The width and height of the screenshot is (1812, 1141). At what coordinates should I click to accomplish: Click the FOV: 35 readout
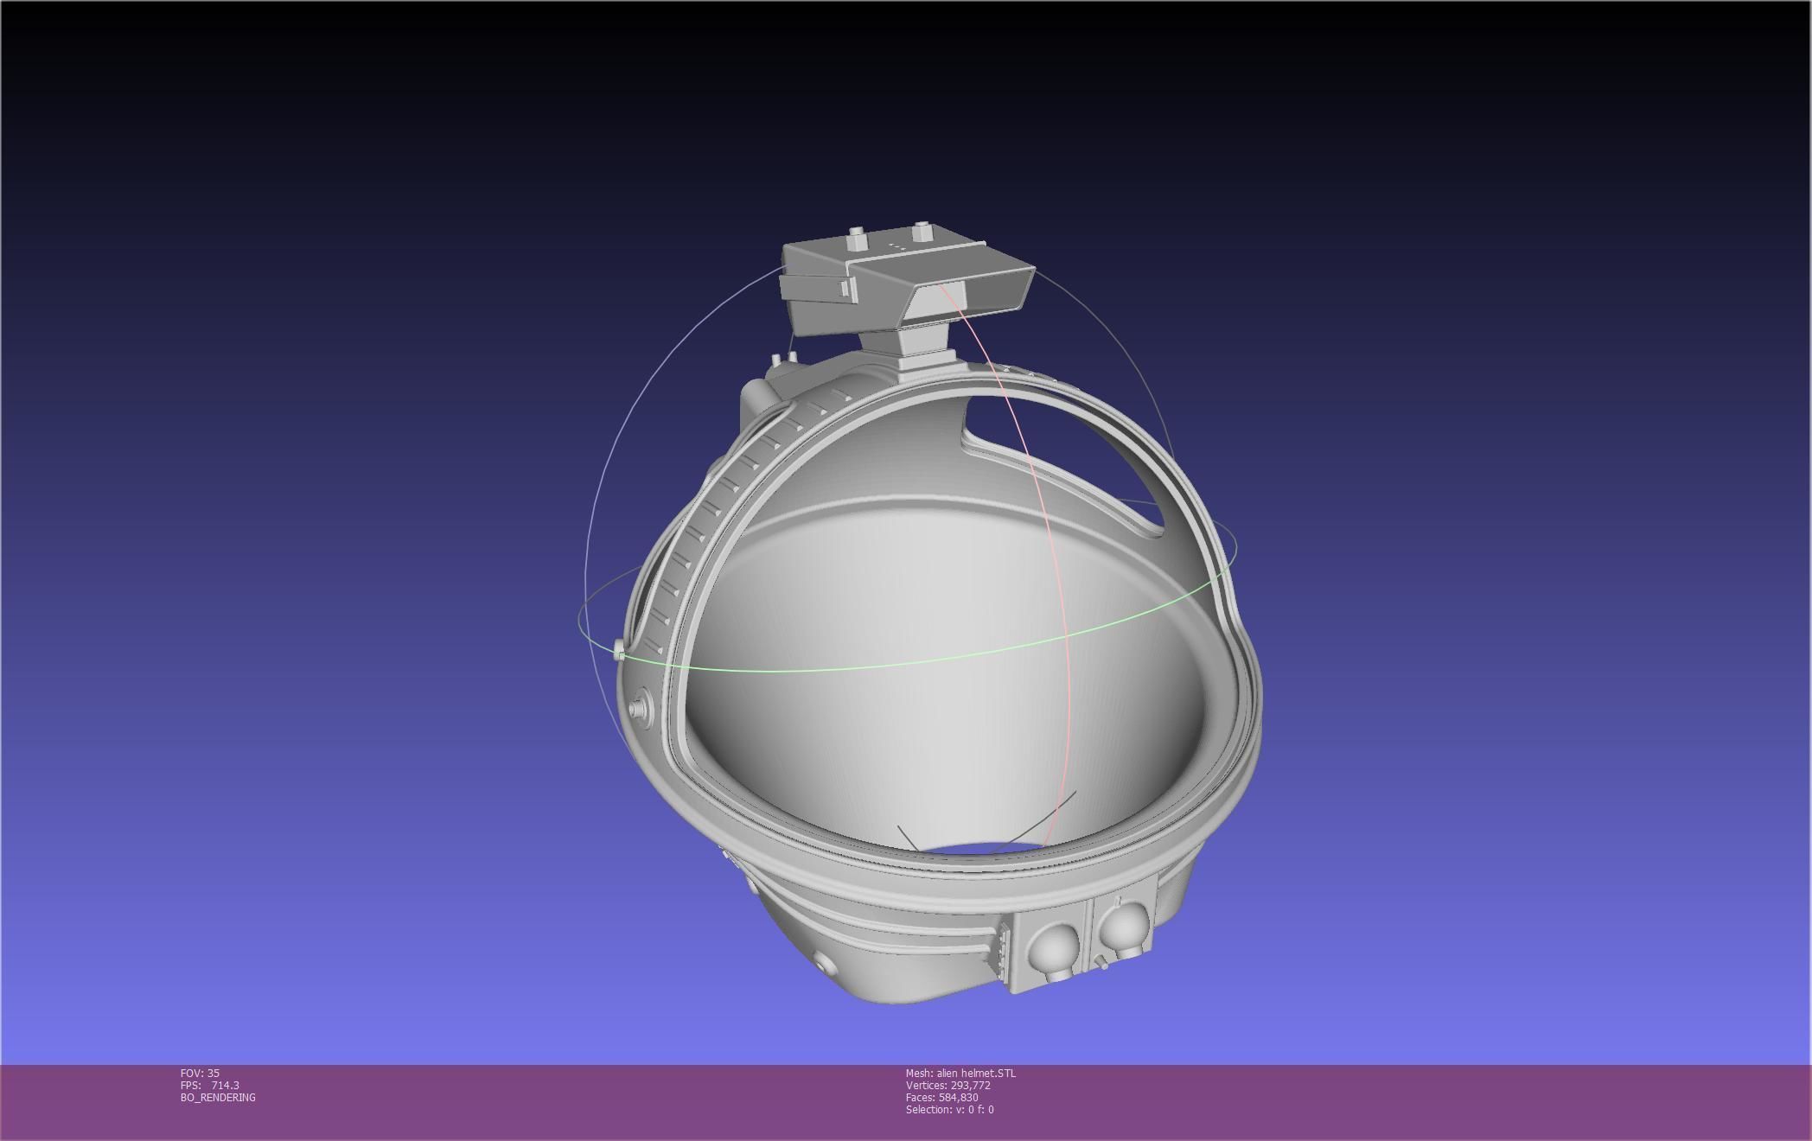coord(200,1073)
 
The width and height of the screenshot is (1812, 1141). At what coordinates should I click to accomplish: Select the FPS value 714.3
coord(225,1085)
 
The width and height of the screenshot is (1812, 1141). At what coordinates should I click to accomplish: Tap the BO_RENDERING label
coord(218,1097)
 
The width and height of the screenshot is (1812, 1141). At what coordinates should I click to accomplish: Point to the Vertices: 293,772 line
coord(947,1085)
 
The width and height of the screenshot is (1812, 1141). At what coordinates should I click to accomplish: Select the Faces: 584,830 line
coord(941,1097)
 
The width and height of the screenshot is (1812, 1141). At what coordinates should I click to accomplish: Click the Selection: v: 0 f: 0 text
coord(949,1109)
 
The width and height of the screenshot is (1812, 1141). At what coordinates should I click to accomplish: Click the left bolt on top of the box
coord(857,236)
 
